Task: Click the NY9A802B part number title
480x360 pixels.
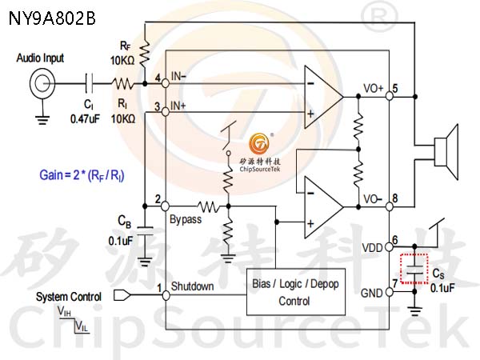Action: pos(52,18)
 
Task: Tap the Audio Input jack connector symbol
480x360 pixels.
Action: pos(42,83)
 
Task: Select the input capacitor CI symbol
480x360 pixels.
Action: pos(90,83)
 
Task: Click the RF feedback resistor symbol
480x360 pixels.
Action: pos(145,54)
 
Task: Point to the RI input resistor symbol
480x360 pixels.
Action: pos(122,83)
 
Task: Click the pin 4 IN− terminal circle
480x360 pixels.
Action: pos(166,83)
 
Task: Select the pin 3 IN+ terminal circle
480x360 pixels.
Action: pos(166,112)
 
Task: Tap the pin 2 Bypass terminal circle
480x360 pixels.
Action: pos(166,206)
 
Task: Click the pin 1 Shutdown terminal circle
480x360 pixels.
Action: pos(166,295)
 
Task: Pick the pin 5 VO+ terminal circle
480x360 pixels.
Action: pos(389,96)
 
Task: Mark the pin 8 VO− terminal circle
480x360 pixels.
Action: pos(389,206)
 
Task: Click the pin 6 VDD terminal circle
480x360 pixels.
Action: pos(389,246)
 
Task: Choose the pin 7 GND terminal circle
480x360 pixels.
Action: pos(389,292)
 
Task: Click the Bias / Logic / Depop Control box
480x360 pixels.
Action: pos(296,292)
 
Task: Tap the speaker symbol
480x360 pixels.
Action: pos(446,152)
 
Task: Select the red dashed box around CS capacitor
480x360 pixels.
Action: pos(414,269)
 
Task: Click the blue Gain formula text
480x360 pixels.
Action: pos(82,175)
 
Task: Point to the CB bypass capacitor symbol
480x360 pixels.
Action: pos(145,231)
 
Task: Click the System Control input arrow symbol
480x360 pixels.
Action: pos(122,295)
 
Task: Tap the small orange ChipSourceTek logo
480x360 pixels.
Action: pos(259,143)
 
